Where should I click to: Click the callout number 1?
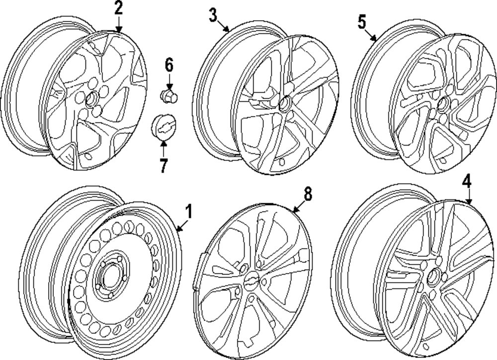point(188,213)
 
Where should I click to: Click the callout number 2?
point(118,8)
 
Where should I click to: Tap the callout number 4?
point(466,182)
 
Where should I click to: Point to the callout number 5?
point(361,22)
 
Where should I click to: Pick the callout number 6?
point(169,64)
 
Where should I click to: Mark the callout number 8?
point(308,194)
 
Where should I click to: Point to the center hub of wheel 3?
point(286,105)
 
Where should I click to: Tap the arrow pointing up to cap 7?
point(164,148)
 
